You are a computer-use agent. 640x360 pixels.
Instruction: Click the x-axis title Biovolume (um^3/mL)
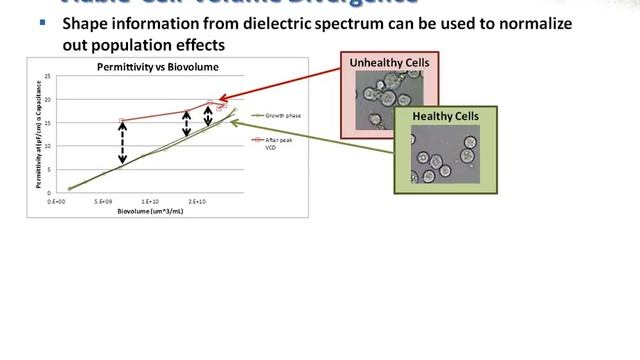click(155, 211)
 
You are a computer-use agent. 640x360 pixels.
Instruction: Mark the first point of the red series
click(121, 121)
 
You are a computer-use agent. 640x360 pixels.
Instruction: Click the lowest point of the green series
click(69, 188)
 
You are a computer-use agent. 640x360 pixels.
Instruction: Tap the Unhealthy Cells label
click(389, 63)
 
